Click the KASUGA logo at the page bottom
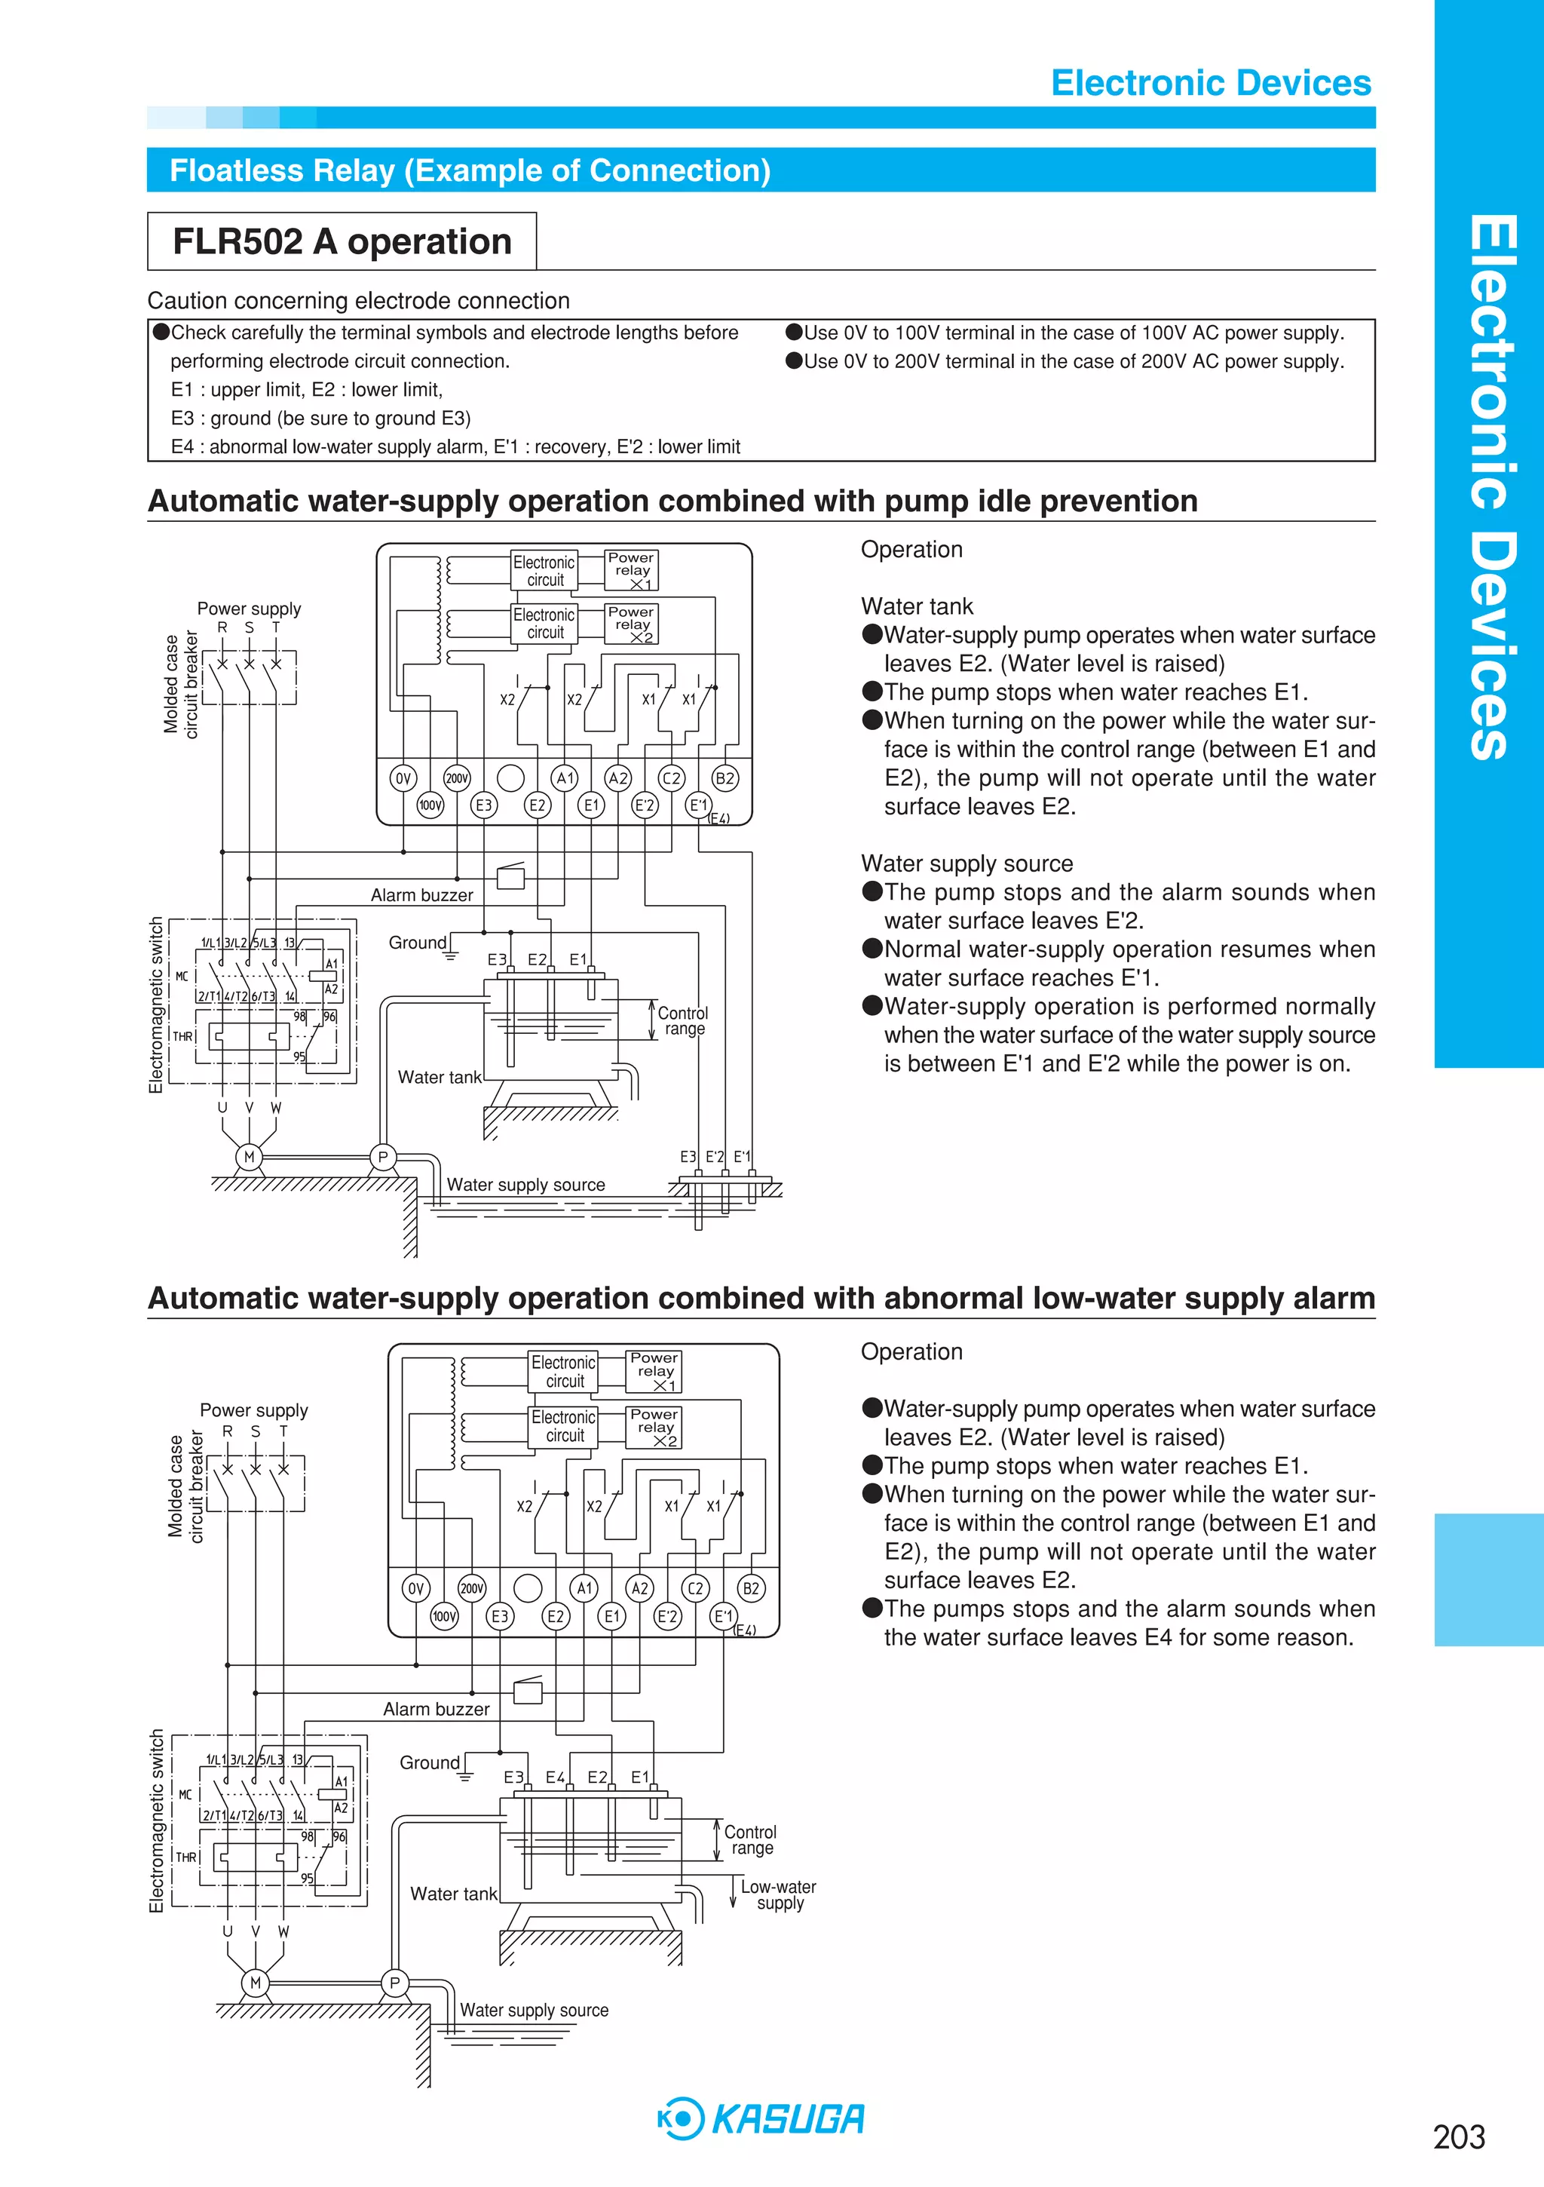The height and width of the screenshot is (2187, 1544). pyautogui.click(x=762, y=2118)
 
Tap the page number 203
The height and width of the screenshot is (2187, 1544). pyautogui.click(x=1458, y=2136)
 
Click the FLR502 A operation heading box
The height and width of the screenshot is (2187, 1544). pyautogui.click(x=342, y=242)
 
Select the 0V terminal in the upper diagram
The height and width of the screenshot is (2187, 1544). pyautogui.click(x=403, y=778)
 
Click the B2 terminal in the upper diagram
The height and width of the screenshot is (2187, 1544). pyautogui.click(x=725, y=778)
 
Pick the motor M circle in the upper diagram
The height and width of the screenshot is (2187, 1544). pyautogui.click(x=250, y=1158)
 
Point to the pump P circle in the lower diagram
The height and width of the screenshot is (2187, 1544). pyautogui.click(x=394, y=1983)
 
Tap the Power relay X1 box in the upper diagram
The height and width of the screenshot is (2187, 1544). pyautogui.click(x=632, y=569)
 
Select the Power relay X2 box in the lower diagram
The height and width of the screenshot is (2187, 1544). pyautogui.click(x=654, y=1427)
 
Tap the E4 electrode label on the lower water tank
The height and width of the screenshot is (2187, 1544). pyautogui.click(x=556, y=1778)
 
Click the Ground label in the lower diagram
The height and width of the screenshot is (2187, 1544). pyautogui.click(x=430, y=1763)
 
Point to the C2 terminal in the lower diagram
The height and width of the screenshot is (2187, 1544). pyautogui.click(x=695, y=1588)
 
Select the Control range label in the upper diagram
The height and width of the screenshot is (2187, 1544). pyautogui.click(x=683, y=1020)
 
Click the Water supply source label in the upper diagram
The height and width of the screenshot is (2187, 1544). pyautogui.click(x=525, y=1185)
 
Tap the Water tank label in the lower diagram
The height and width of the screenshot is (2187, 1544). pyautogui.click(x=453, y=1894)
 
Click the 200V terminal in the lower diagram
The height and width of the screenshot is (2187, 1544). pyautogui.click(x=471, y=1588)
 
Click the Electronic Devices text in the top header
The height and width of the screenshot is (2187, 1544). pyautogui.click(x=1211, y=83)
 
